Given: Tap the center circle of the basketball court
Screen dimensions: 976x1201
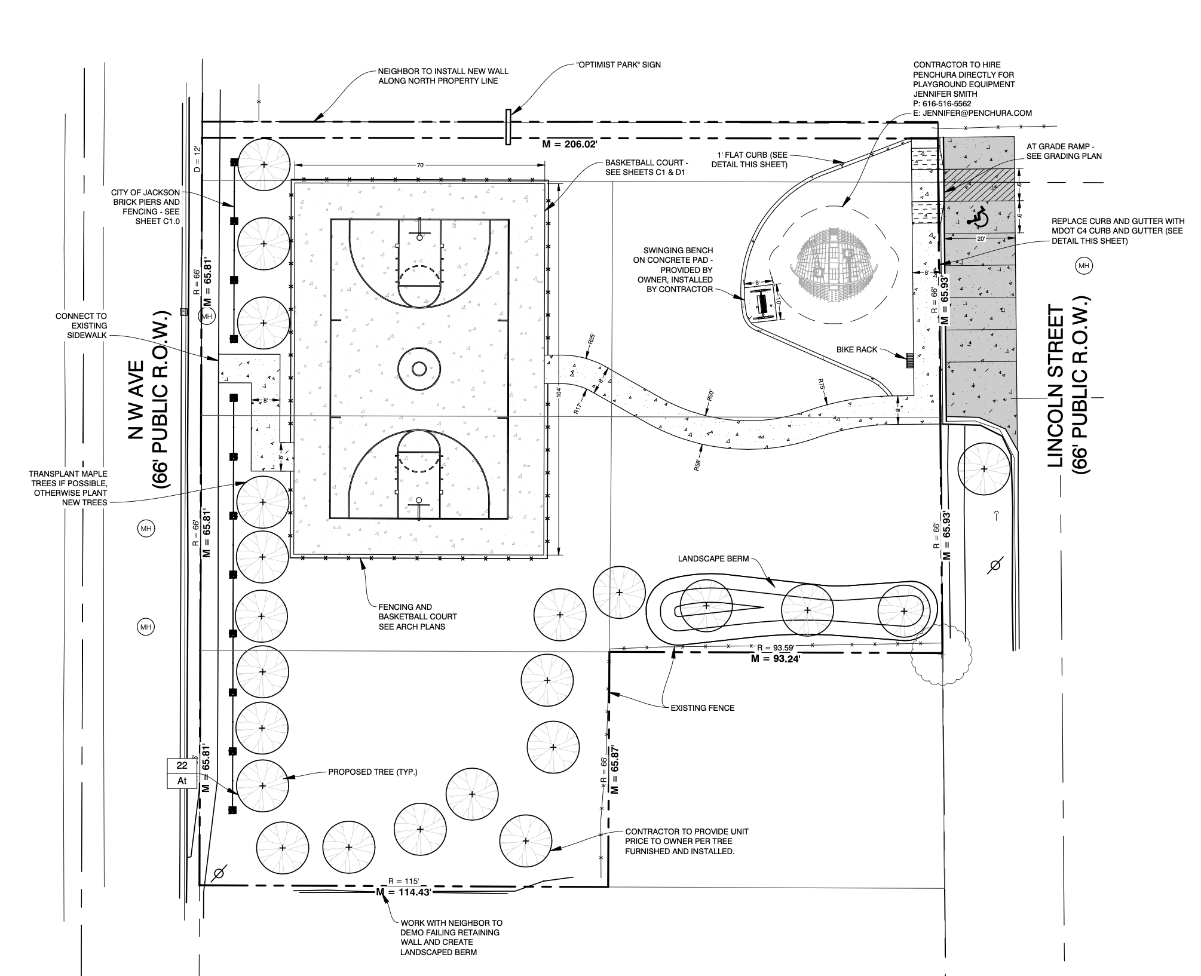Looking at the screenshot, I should click(x=419, y=368).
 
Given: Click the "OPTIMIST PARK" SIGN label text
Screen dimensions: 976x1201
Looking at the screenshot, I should click(x=618, y=65).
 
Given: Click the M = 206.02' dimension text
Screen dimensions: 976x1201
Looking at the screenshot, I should click(x=569, y=145).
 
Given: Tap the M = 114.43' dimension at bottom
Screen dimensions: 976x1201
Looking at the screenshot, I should click(x=404, y=892).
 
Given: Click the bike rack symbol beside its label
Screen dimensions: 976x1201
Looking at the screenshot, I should click(x=910, y=360).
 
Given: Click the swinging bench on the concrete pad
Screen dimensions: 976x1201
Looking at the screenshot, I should click(x=762, y=303).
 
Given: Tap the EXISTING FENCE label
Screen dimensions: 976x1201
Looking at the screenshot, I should click(x=702, y=708).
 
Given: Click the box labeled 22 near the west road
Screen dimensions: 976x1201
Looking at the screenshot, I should click(x=182, y=766).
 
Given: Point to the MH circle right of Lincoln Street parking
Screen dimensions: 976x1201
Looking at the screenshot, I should click(x=1084, y=266).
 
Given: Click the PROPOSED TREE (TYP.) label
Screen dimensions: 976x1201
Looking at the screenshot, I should click(x=373, y=772).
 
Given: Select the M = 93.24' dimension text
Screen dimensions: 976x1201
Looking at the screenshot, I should click(x=776, y=659).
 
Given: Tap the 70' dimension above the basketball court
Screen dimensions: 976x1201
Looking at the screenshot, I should click(x=420, y=165).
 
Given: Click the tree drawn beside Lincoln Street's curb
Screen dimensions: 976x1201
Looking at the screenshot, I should click(x=984, y=469).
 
